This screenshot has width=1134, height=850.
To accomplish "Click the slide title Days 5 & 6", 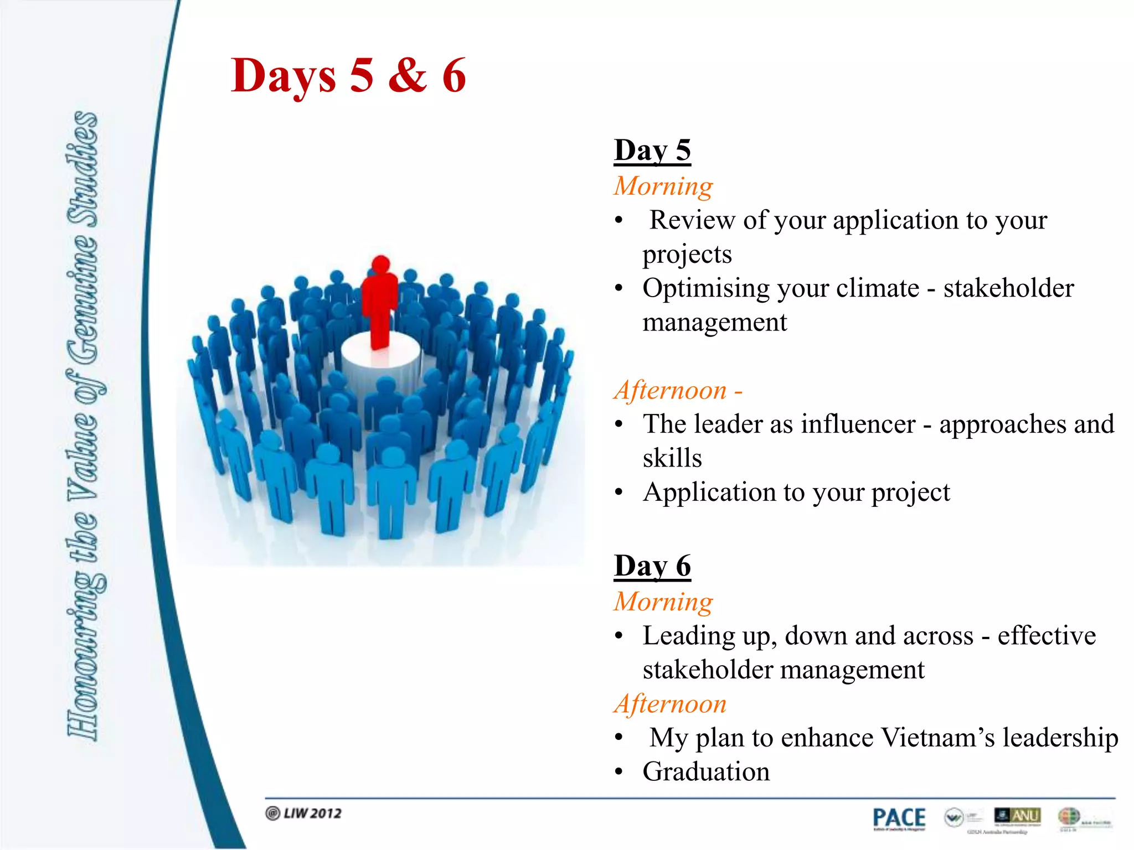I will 348,76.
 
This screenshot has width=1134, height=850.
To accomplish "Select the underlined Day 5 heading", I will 652,151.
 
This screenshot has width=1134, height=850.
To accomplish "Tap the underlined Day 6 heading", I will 652,566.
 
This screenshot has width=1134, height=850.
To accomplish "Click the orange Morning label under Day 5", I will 663,186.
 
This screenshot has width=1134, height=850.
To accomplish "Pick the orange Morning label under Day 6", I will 663,602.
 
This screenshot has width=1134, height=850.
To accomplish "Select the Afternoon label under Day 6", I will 670,704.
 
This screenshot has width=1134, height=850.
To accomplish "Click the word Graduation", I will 706,772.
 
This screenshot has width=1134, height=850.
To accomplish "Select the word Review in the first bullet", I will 692,220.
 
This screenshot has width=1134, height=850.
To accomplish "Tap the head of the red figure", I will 381,265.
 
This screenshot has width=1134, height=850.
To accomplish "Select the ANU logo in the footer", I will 1017,816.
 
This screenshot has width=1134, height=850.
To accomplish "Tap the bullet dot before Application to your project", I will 619,493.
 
